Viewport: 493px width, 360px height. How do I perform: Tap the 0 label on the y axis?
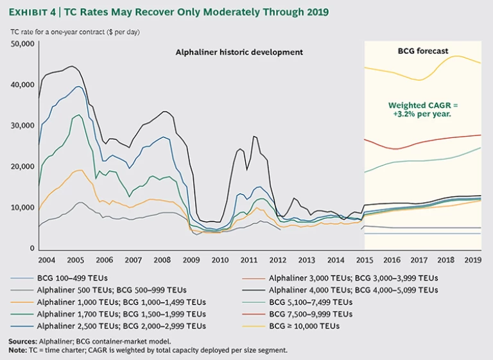coord(30,248)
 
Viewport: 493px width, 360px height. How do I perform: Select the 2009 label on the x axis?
coord(191,260)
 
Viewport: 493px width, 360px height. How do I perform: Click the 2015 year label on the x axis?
coord(365,260)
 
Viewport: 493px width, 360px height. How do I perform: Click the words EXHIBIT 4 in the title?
coord(34,12)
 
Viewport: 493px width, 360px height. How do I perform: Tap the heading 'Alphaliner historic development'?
coord(239,52)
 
